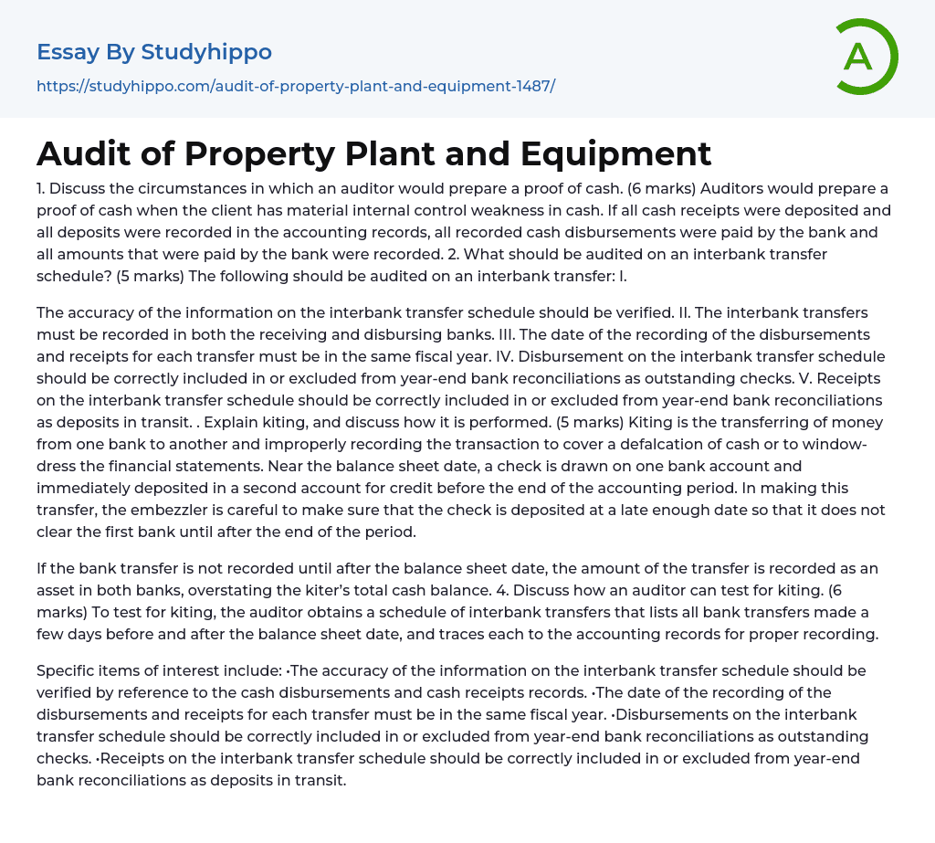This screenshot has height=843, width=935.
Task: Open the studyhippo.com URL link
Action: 296,87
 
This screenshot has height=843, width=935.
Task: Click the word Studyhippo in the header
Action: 206,52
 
